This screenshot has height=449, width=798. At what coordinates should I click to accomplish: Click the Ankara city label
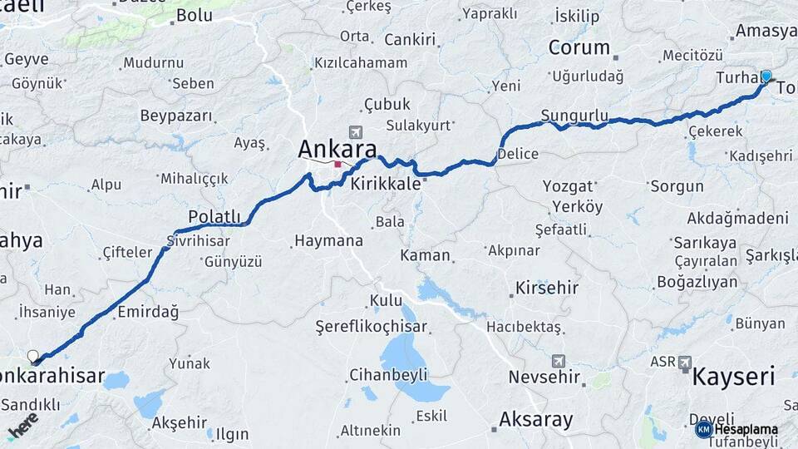click(337, 149)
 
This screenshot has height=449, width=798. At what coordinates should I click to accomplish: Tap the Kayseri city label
click(733, 377)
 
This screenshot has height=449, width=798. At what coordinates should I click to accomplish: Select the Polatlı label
click(214, 216)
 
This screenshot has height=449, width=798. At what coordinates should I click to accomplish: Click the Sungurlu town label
click(574, 115)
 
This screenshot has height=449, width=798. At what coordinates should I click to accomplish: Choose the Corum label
click(579, 47)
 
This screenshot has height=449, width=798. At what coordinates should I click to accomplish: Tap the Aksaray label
click(535, 420)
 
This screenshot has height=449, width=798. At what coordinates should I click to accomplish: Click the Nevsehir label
click(544, 377)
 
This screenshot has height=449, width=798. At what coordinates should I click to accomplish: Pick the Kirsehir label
click(546, 288)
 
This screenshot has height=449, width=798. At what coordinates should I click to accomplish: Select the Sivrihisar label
click(197, 240)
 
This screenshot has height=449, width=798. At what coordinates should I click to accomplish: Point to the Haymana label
click(328, 241)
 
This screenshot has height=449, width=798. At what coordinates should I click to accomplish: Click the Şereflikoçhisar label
click(371, 328)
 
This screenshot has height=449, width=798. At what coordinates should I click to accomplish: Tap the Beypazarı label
click(176, 116)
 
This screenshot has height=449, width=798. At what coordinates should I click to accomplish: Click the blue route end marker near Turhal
click(766, 76)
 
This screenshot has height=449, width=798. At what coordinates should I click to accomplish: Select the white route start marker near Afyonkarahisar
click(33, 357)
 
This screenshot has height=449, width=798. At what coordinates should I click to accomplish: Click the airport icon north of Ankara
click(356, 131)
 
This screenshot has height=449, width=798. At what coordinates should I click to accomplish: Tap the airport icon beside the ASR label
click(685, 362)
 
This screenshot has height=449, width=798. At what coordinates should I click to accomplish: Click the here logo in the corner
click(22, 425)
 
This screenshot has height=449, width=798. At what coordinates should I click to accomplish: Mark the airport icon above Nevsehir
click(558, 361)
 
